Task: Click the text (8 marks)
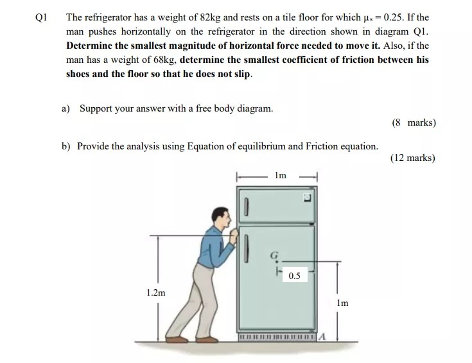413,122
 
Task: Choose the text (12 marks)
412,158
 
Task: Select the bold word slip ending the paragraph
242,74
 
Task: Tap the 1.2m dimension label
156,292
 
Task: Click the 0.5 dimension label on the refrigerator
295,276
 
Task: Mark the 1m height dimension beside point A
342,303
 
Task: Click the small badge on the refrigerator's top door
308,197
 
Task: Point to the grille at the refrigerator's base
276,337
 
